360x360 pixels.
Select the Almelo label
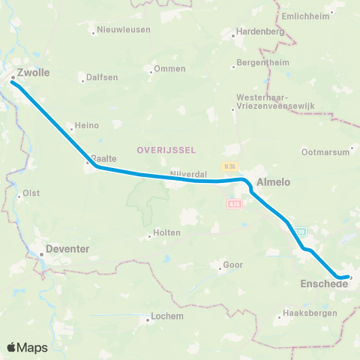[273, 181]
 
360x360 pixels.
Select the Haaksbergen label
[306, 313]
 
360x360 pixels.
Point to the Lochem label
[167, 316]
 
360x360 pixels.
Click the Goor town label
[233, 265]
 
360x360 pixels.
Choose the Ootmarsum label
[325, 151]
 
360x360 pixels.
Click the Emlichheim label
[307, 16]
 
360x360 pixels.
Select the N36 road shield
[229, 166]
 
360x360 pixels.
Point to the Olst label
[31, 193]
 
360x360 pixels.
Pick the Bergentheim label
[262, 62]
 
